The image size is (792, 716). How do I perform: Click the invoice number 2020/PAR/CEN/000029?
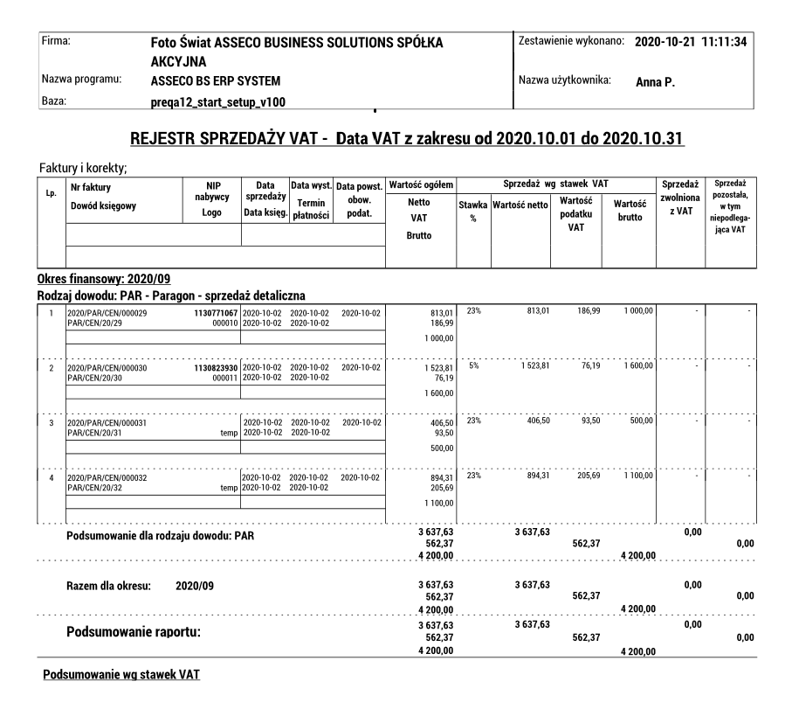click(107, 313)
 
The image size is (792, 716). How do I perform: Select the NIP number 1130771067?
click(214, 313)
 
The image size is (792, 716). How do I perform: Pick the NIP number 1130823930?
click(214, 369)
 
